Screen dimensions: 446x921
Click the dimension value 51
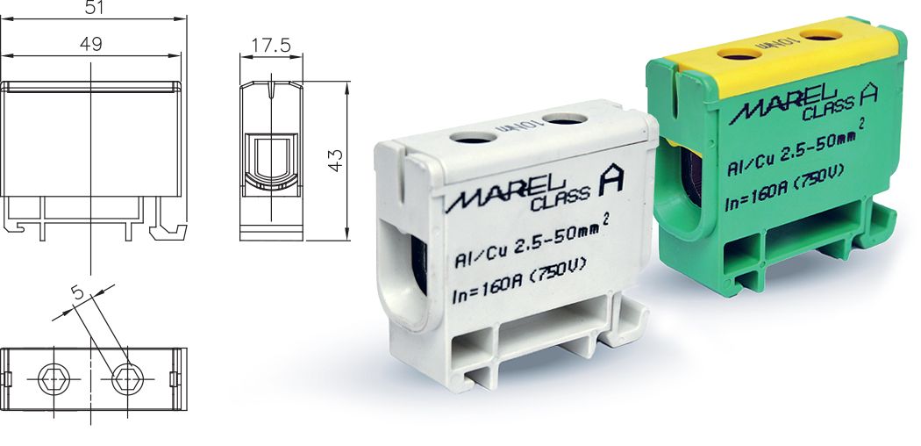92,7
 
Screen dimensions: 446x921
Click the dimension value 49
90,43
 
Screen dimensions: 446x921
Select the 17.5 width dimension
272,45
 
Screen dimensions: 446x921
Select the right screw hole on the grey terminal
562,118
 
